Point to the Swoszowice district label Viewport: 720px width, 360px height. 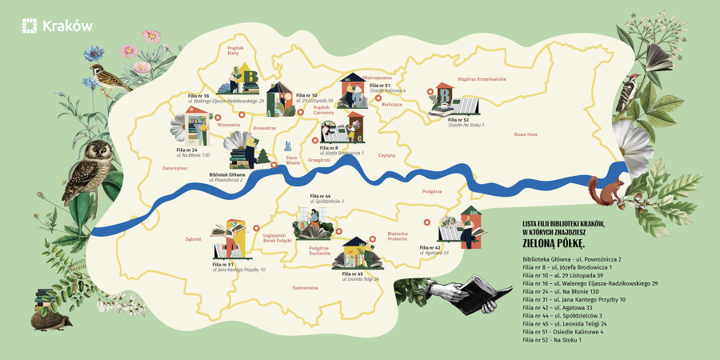point(306,287)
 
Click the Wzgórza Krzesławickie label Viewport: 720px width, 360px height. point(482,79)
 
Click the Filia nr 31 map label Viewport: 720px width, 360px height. point(223,263)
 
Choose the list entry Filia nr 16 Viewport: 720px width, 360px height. point(590,284)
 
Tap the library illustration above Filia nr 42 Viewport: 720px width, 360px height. point(463,227)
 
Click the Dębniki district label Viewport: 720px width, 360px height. point(193,238)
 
